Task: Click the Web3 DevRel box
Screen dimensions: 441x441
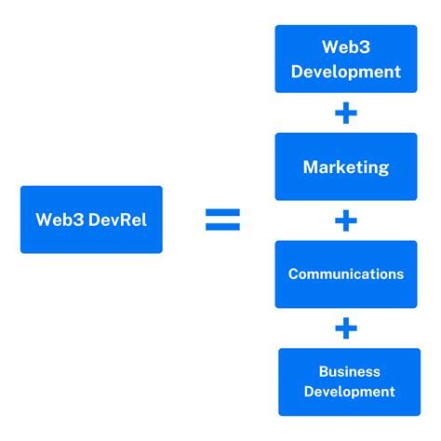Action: coord(91,220)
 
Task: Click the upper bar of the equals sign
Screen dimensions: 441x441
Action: coord(222,213)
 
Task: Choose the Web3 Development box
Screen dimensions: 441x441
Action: coord(346,59)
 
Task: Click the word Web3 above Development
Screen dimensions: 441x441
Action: coord(346,47)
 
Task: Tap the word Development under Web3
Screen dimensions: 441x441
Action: coord(346,72)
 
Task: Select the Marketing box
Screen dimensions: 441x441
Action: coord(346,167)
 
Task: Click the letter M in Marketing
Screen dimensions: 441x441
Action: coord(311,168)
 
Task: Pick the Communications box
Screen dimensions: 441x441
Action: coord(346,274)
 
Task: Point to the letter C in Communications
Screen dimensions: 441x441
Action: coord(293,274)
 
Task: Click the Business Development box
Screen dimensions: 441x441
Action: coord(349,381)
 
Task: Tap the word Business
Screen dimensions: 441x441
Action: coord(350,371)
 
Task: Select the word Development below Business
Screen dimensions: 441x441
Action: coord(350,392)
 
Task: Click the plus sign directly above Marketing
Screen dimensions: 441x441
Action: coord(346,114)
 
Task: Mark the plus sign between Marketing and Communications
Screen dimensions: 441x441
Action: coord(346,221)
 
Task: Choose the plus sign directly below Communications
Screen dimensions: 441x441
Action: coord(346,328)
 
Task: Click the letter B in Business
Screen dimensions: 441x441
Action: coord(323,371)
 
